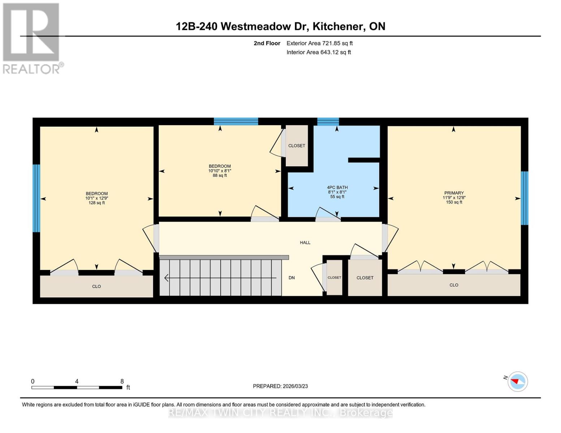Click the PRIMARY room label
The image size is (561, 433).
point(454,193)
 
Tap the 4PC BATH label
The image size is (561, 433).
point(337,188)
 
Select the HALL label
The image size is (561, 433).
point(305,242)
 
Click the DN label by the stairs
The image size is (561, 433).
point(292,278)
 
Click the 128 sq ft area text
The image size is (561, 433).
point(96,203)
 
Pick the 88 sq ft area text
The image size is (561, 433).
point(220,176)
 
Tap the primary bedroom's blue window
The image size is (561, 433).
point(524,198)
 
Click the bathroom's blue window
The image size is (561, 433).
point(328,122)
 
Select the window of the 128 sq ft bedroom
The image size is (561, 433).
point(36,198)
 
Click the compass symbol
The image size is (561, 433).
point(517,381)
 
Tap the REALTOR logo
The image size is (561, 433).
point(31,38)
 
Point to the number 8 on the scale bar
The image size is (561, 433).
point(122,381)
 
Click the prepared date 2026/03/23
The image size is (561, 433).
point(295,386)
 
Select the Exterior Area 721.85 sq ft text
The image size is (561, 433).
point(319,43)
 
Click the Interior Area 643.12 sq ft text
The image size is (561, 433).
point(319,52)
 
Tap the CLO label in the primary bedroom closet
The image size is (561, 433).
point(454,285)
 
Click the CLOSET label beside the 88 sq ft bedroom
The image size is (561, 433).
point(297,146)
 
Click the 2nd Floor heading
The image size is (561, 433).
point(267,43)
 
